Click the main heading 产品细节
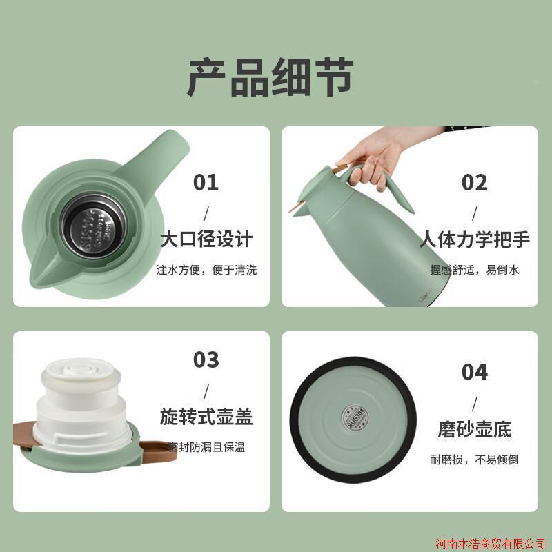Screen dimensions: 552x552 tap(270, 77)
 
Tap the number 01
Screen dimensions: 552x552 tap(206, 183)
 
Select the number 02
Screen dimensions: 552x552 tap(474, 183)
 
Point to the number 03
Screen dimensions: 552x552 tap(206, 360)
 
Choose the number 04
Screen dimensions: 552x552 tap(474, 373)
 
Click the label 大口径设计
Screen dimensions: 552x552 tap(206, 240)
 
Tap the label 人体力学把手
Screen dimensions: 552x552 tap(474, 240)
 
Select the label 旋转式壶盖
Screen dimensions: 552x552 tap(206, 417)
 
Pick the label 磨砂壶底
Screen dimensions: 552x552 tap(474, 429)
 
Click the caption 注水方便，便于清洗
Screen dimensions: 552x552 tap(206, 270)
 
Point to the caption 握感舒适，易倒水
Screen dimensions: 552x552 tap(474, 270)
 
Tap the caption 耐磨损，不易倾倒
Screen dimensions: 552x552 tap(474, 459)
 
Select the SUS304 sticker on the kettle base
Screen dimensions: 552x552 tap(354, 413)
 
